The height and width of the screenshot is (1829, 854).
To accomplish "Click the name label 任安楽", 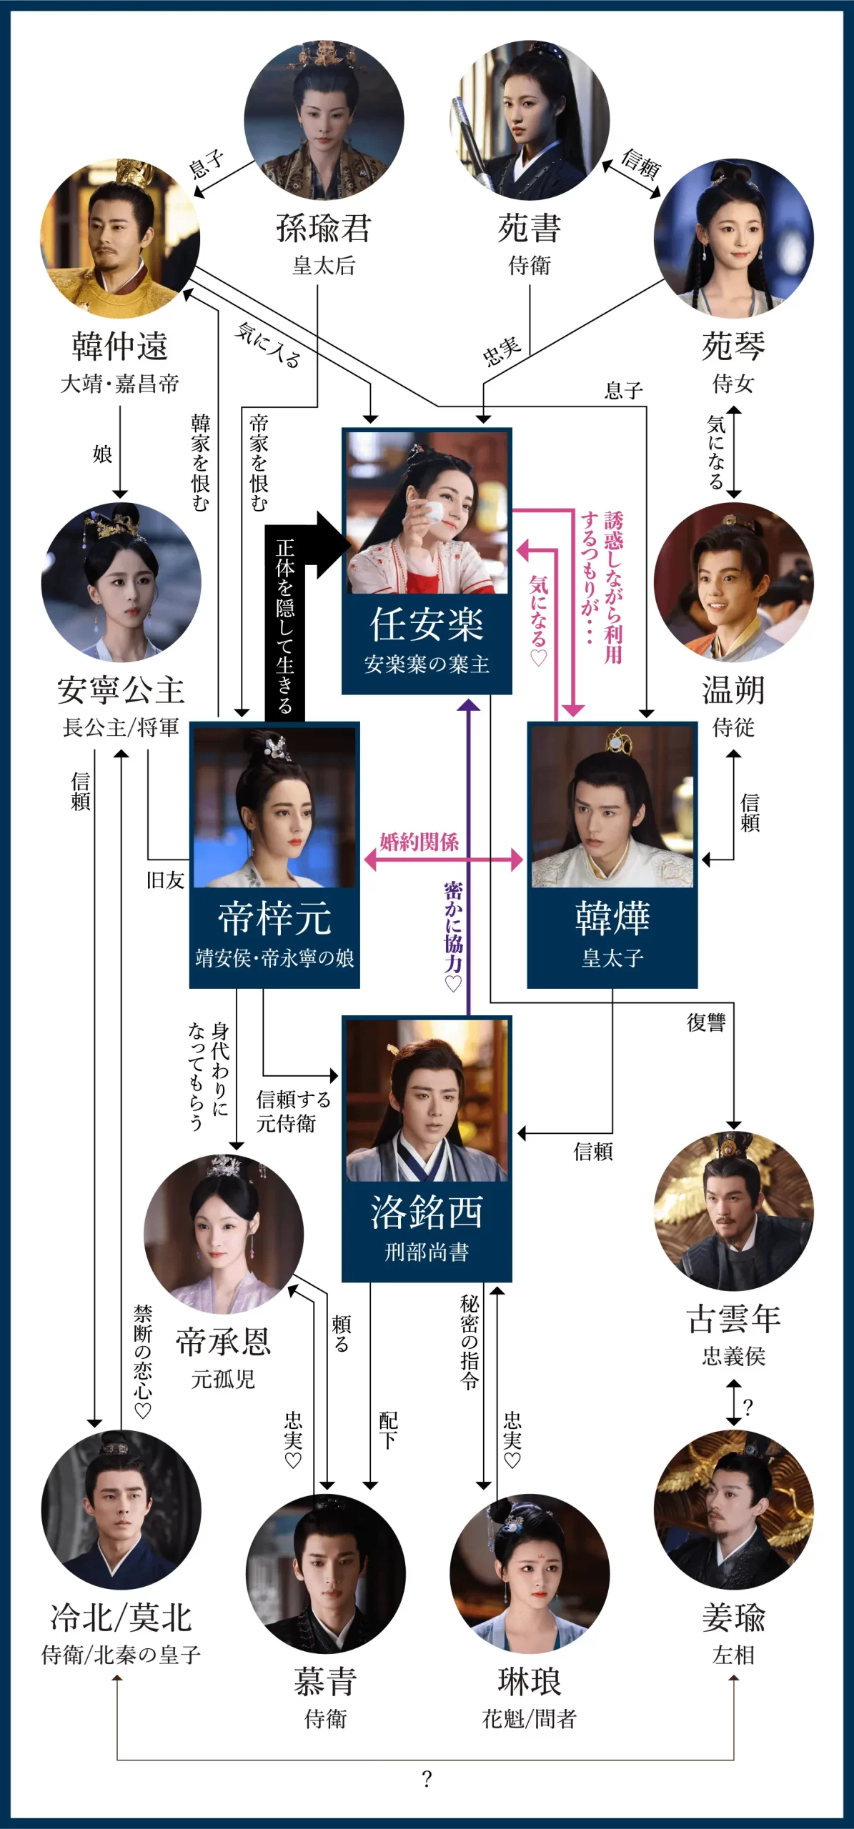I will [x=427, y=624].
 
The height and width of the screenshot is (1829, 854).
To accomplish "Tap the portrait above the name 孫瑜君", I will [x=324, y=119].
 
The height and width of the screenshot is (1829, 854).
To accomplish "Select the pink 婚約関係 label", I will [x=419, y=842].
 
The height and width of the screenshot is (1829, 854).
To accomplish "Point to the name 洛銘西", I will [x=427, y=1212].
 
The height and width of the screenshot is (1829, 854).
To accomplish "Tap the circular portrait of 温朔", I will [x=733, y=582].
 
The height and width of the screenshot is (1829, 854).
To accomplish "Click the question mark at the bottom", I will [x=427, y=1778].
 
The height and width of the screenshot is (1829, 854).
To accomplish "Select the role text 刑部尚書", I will [x=427, y=1252].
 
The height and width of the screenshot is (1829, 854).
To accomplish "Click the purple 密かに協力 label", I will [x=453, y=936].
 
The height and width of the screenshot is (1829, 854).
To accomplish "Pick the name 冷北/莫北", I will [x=121, y=1618].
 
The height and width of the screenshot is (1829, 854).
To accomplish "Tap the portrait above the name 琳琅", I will [x=530, y=1573].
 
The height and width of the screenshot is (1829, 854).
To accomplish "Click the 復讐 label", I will [x=706, y=1023].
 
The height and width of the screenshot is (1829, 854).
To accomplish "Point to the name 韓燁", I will [x=612, y=918].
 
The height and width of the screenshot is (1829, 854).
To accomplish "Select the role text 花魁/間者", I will [x=530, y=1718].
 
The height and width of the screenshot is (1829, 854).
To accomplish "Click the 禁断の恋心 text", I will [x=143, y=1361].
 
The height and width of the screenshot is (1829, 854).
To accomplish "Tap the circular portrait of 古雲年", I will [x=733, y=1210].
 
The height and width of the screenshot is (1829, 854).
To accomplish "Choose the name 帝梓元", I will [x=274, y=918].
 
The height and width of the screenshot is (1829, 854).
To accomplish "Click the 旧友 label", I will [x=166, y=880].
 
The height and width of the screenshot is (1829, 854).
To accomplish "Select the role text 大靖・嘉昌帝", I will [x=120, y=384].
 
